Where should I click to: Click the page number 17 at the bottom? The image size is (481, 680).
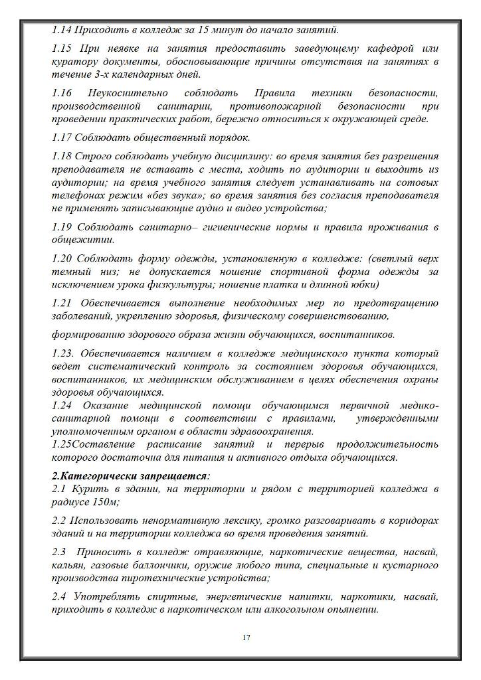tap(246, 637)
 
